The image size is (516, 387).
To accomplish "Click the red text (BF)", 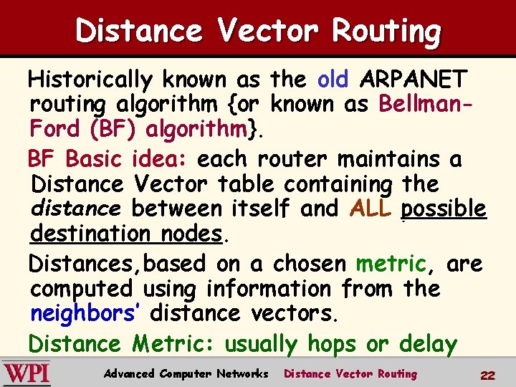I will pyautogui.click(x=115, y=130).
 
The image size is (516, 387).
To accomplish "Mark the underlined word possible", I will pyautogui.click(x=444, y=209).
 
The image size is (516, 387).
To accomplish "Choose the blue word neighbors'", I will pyautogui.click(x=86, y=314).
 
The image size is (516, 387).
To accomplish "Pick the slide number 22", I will pyautogui.click(x=488, y=376).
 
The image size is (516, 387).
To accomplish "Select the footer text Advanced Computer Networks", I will pyautogui.click(x=186, y=374).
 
